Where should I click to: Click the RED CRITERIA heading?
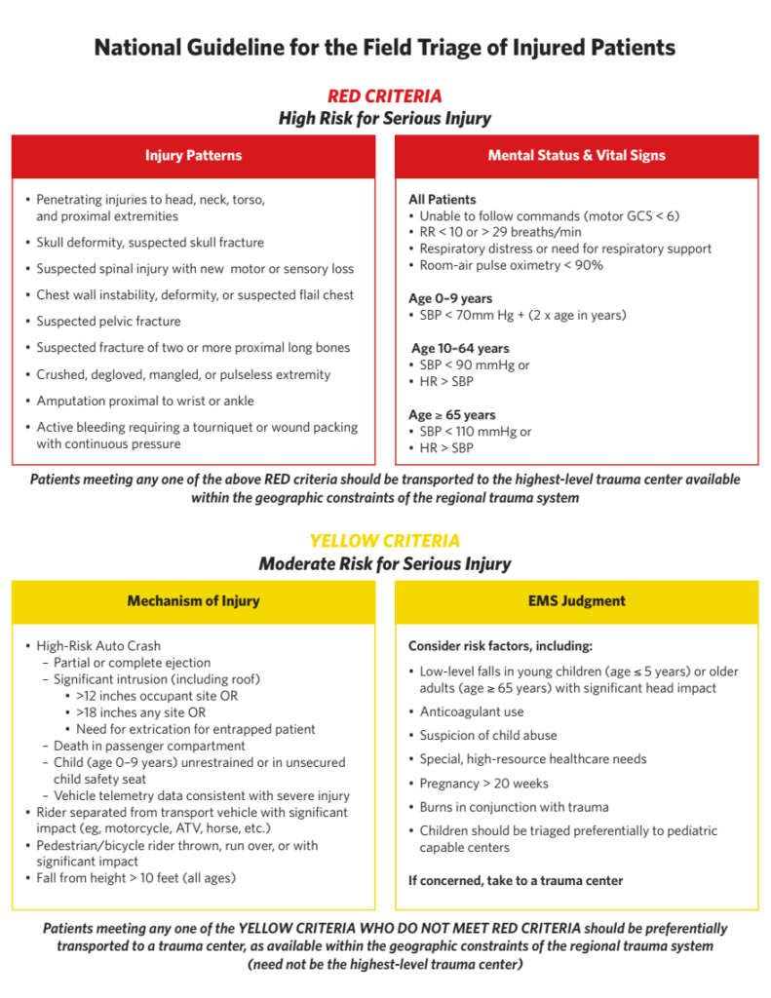tap(384, 96)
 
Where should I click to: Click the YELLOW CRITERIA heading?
tap(384, 541)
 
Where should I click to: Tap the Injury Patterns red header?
tap(193, 156)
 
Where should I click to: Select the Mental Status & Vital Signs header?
tap(576, 156)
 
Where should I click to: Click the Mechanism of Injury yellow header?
tap(193, 601)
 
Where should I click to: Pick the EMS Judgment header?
tap(576, 601)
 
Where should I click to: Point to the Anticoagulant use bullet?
tap(471, 711)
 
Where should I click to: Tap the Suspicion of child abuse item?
tap(488, 736)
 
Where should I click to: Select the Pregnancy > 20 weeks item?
tap(483, 784)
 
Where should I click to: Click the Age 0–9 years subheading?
tap(450, 298)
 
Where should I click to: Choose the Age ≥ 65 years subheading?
tap(451, 415)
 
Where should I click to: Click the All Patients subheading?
tap(443, 199)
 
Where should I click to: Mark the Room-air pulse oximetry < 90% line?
tap(511, 265)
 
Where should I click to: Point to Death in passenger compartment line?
tap(144, 746)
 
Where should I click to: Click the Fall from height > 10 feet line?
tap(135, 878)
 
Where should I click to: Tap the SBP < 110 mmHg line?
tap(475, 432)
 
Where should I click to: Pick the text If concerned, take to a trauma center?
tap(516, 881)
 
